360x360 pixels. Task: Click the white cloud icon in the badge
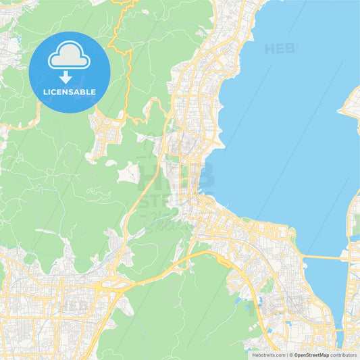69,55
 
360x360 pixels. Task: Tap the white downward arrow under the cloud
66,77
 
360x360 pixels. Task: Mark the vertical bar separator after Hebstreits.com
286,355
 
